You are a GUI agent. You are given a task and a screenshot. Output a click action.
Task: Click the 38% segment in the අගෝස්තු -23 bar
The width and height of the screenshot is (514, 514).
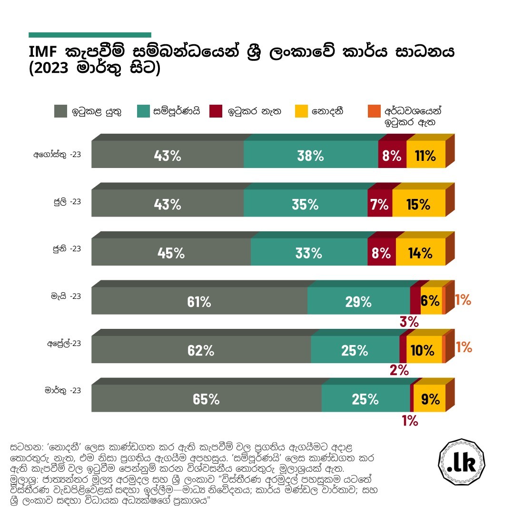tap(310, 155)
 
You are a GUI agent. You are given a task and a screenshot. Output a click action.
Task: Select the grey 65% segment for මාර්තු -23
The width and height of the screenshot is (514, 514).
tap(206, 399)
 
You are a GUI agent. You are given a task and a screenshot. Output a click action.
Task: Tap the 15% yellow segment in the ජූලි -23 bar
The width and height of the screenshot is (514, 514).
tap(418, 204)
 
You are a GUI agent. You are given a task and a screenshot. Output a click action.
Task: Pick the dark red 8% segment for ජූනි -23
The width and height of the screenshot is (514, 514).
tap(381, 253)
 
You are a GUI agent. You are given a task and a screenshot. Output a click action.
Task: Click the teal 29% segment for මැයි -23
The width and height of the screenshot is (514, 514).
tap(358, 301)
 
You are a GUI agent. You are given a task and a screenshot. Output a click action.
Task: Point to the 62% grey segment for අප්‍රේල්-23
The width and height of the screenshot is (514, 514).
tap(201, 350)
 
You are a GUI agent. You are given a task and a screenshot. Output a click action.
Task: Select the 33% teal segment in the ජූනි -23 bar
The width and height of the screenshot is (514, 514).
tap(309, 253)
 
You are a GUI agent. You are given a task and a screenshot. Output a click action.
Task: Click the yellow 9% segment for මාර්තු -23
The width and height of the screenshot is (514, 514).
tap(429, 399)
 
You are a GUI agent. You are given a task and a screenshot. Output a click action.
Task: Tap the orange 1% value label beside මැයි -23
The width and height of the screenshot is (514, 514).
tap(463, 300)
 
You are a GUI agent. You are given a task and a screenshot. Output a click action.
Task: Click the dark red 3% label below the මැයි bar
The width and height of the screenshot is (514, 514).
tap(409, 322)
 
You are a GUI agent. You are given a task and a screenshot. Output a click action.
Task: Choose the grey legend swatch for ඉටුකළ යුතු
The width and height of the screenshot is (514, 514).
tap(60, 111)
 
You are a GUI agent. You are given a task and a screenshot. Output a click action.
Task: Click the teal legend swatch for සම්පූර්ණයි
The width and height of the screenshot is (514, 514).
tap(143, 111)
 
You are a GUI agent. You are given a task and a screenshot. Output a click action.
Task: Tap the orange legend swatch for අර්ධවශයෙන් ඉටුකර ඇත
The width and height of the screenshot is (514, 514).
tap(374, 111)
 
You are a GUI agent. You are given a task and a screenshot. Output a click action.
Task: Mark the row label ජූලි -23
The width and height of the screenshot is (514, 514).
tap(66, 202)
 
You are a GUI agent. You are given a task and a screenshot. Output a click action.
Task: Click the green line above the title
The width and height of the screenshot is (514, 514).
tap(89, 35)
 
